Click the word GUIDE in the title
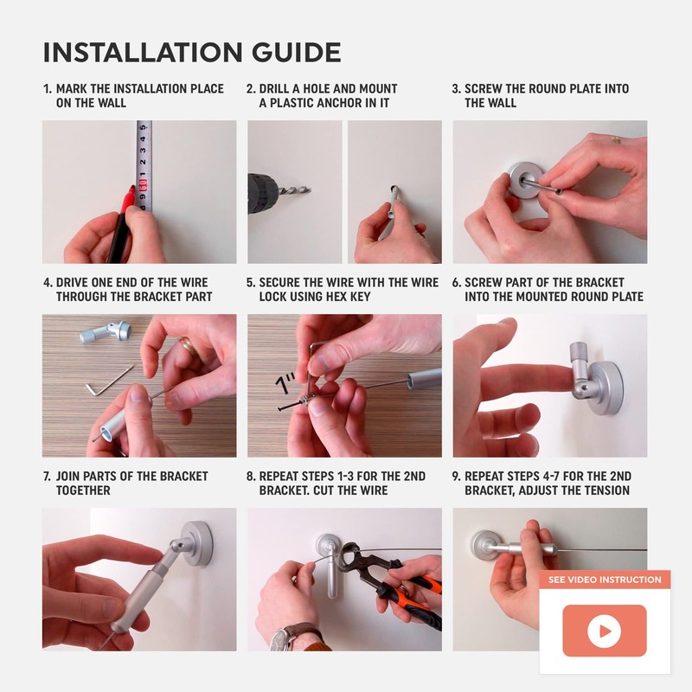pyautogui.click(x=297, y=53)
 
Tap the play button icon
pyautogui.click(x=604, y=631)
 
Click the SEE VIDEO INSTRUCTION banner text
pyautogui.click(x=605, y=580)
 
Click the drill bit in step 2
pyautogui.click(x=294, y=190)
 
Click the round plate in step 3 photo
pyautogui.click(x=524, y=180)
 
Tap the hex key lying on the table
pyautogui.click(x=108, y=381)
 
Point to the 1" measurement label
pyautogui.click(x=285, y=383)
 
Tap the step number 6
pyautogui.click(x=457, y=283)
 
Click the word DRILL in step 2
pyautogui.click(x=273, y=89)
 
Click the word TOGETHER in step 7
pyautogui.click(x=83, y=490)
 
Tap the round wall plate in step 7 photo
pyautogui.click(x=198, y=545)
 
